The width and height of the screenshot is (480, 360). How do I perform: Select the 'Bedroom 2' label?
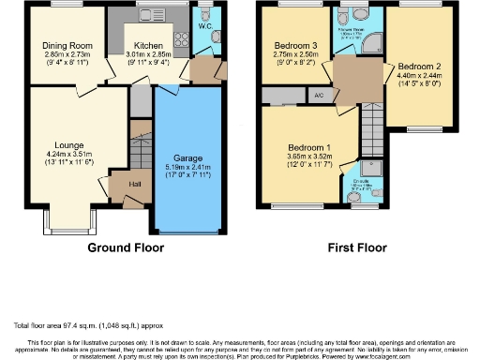click(418, 67)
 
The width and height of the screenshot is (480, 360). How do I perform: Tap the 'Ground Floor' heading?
click(126, 248)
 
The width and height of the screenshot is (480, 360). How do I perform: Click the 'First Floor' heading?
click(355, 248)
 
